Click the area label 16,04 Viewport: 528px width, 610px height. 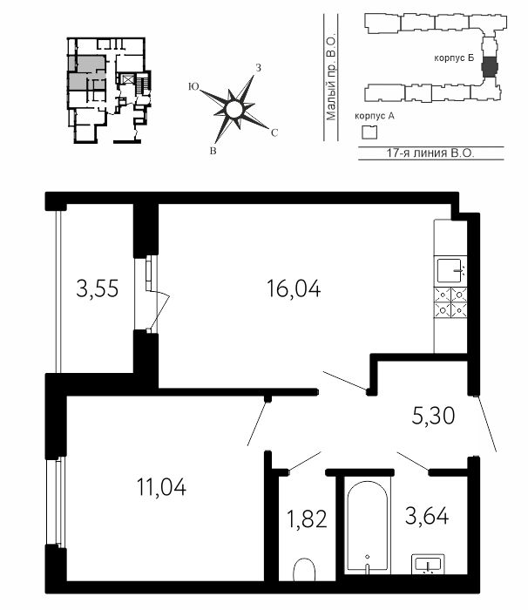point(294,289)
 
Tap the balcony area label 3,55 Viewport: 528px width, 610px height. point(98,289)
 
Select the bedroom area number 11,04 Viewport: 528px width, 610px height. point(161,487)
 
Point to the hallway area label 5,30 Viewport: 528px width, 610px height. point(433,416)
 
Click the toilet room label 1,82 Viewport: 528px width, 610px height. point(307,519)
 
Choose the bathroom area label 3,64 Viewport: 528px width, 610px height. point(427,516)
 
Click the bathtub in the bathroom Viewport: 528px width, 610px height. point(368,525)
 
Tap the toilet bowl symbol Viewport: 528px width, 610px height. point(303,570)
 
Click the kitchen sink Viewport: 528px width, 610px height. point(450,270)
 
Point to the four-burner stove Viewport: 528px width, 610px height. point(450,302)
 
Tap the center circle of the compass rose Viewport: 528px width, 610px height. point(234,109)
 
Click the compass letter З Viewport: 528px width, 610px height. point(258,68)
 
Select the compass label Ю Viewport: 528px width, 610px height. point(193,87)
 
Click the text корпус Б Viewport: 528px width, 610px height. point(454,58)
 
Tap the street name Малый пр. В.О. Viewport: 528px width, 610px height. point(331,78)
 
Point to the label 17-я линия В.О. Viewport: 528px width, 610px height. point(430,152)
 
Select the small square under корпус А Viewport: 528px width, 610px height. point(369,132)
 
